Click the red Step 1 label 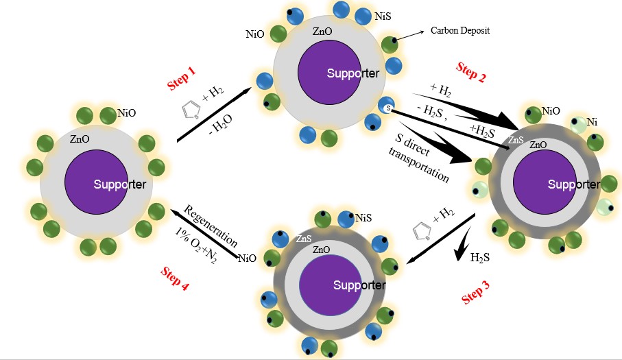pos(182,79)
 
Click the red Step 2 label pos(471,72)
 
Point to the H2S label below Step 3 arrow pos(480,259)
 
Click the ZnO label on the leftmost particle pos(79,139)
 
